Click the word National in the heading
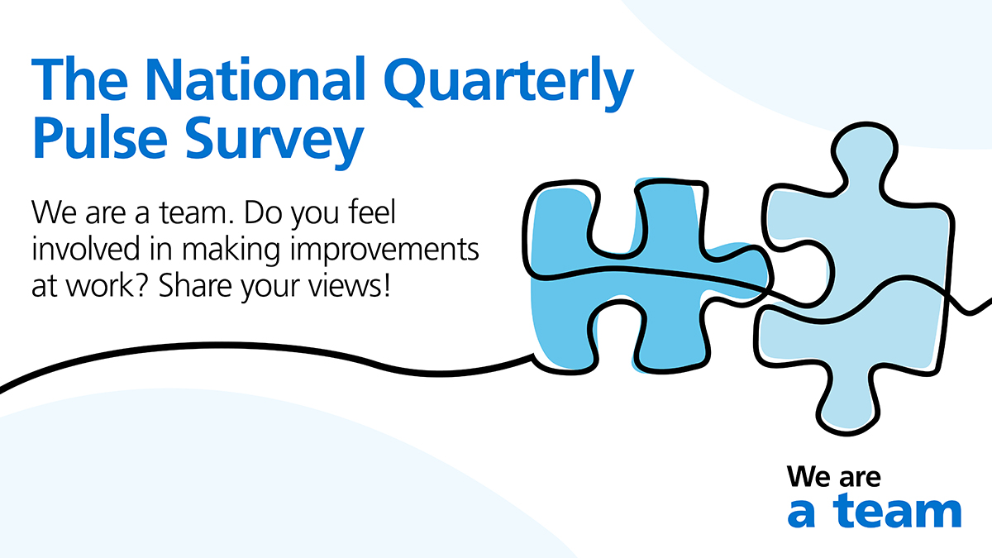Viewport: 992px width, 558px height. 255,79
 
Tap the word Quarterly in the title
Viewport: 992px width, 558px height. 509,84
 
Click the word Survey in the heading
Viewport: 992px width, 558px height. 274,141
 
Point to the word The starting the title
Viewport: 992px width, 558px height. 79,79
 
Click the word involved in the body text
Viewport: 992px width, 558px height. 86,249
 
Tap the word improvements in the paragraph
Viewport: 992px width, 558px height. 385,251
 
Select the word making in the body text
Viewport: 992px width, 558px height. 231,251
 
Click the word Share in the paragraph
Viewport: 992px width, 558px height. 194,286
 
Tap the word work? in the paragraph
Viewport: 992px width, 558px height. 107,287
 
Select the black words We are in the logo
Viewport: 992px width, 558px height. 834,476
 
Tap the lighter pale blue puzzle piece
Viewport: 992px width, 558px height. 852,279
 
